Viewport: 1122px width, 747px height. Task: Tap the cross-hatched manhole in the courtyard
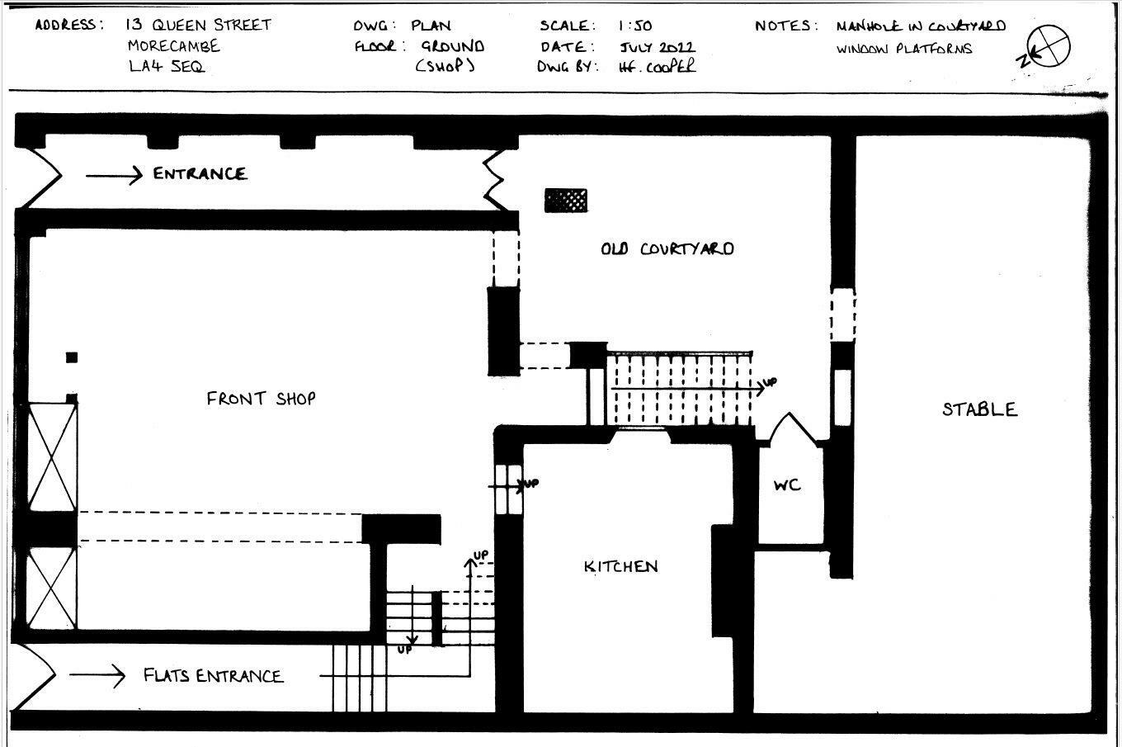[566, 200]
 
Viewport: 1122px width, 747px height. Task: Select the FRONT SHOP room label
[261, 399]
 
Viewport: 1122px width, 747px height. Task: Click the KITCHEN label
[621, 566]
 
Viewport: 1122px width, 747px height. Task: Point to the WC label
[787, 485]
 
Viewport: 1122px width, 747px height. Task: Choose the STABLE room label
[979, 409]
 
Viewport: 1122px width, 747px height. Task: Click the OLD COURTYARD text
[667, 248]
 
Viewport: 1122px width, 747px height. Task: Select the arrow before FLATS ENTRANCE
[97, 675]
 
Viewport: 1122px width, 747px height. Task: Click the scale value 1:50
[634, 26]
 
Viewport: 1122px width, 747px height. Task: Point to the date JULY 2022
[657, 47]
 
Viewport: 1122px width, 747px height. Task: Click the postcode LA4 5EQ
[166, 66]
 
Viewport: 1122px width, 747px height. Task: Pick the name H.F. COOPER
[657, 67]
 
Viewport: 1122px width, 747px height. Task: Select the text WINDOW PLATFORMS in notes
[903, 49]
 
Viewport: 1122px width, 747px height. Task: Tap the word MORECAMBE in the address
[173, 45]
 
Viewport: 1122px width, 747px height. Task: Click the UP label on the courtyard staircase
[769, 382]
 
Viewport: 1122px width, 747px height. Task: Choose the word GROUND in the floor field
[452, 46]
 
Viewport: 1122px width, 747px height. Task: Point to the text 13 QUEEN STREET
[198, 25]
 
